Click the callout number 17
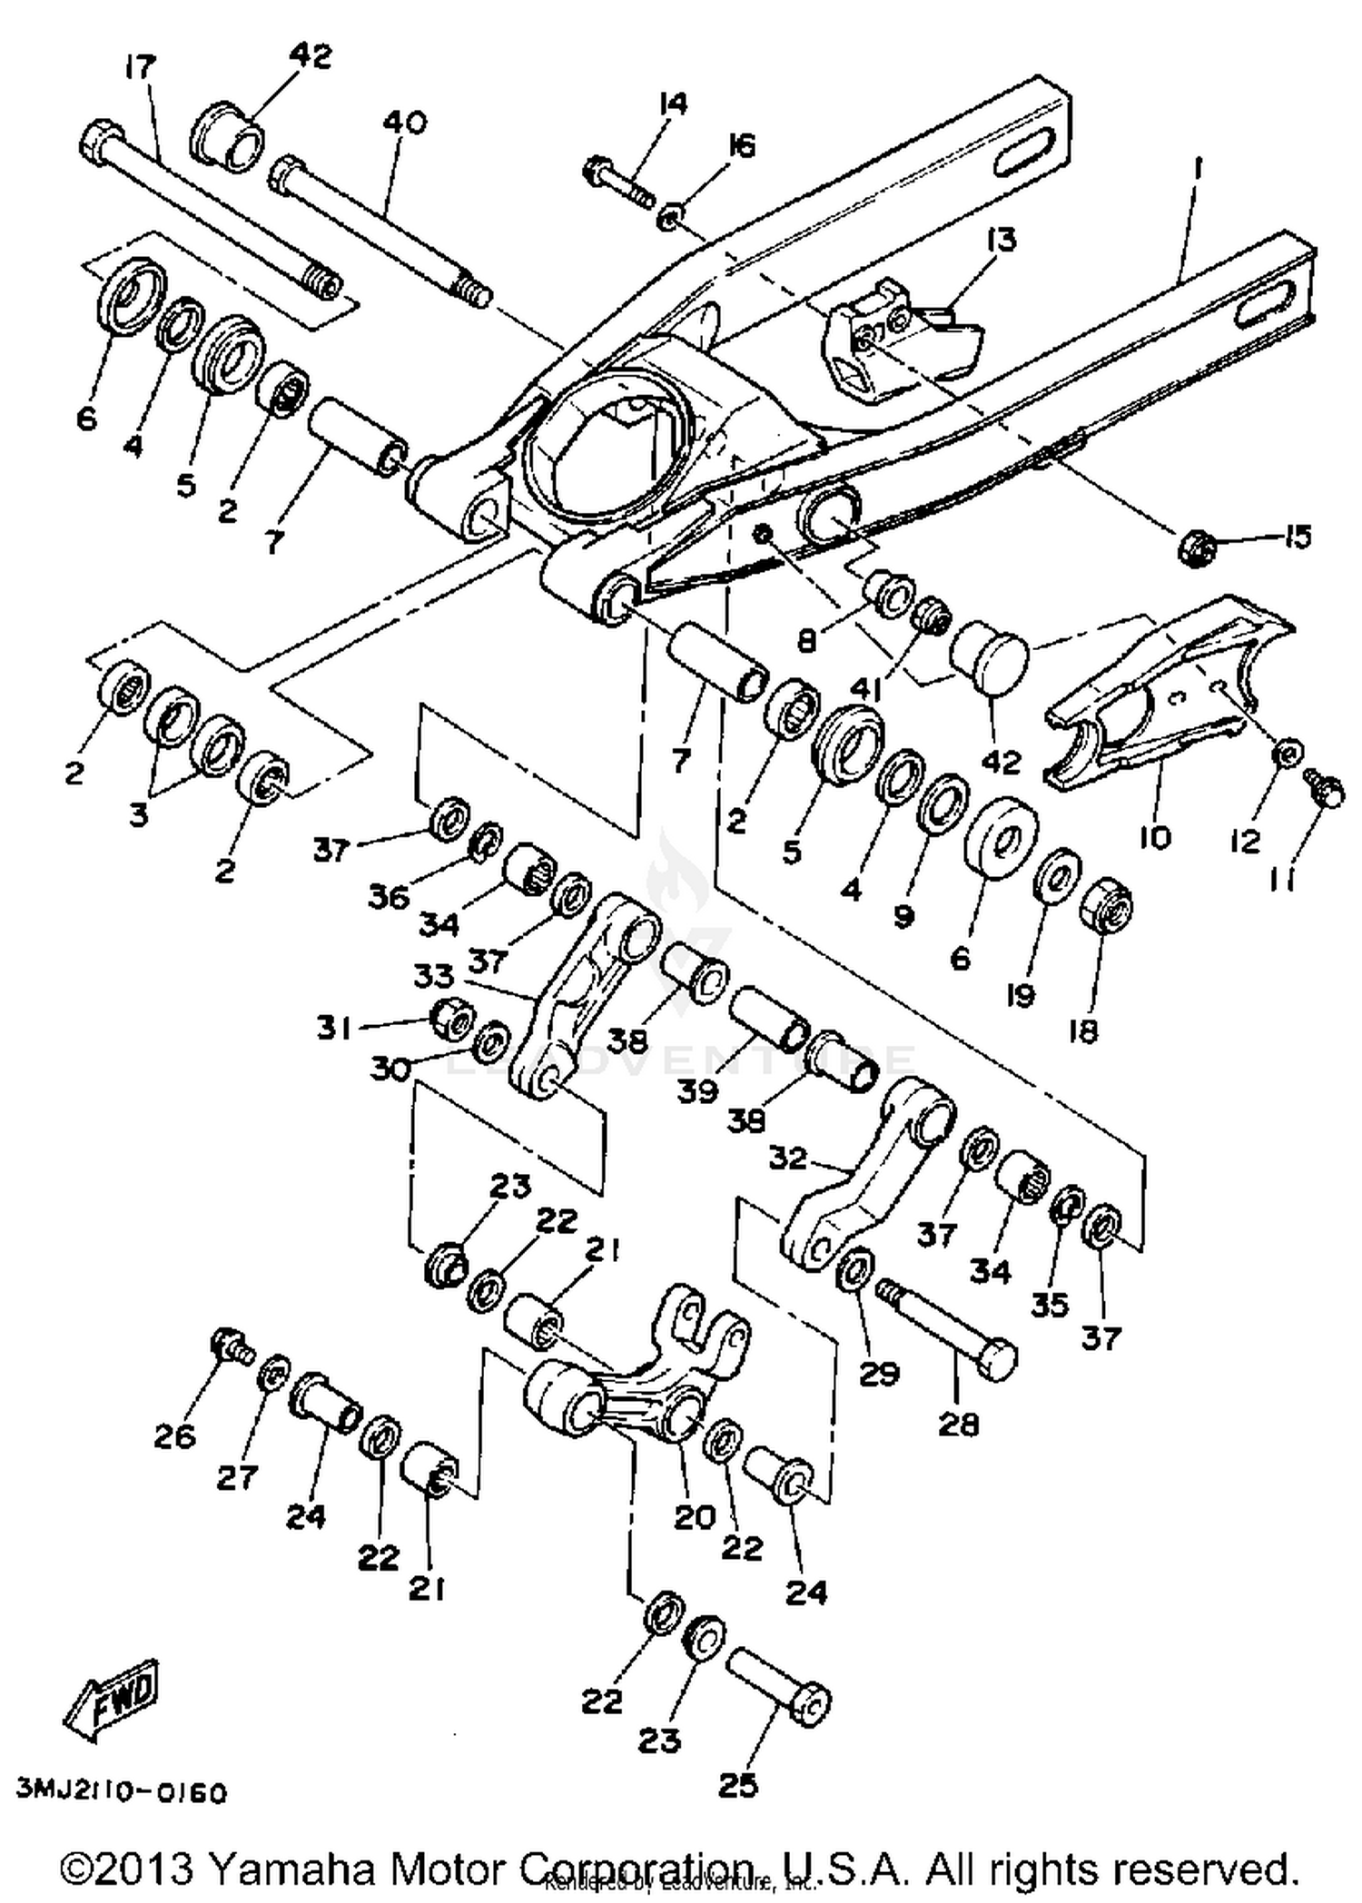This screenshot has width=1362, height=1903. click(x=140, y=66)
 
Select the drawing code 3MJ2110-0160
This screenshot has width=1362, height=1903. click(x=121, y=1793)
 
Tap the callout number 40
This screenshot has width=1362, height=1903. click(x=404, y=122)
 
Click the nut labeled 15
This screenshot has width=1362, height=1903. click(x=1198, y=547)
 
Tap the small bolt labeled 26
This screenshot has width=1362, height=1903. click(x=228, y=1344)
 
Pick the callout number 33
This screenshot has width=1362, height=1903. click(x=434, y=976)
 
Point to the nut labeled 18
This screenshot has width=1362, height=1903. click(x=1106, y=903)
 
